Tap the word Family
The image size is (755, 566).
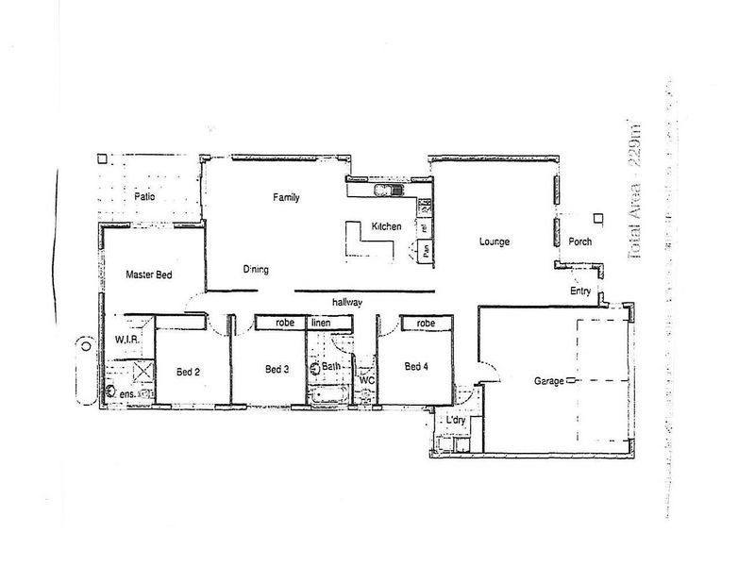(x=286, y=197)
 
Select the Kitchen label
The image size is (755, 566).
(x=387, y=227)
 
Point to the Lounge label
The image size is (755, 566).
(x=494, y=242)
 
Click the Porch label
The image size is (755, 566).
(x=580, y=241)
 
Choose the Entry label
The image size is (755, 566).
(x=580, y=291)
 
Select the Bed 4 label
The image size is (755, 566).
(x=417, y=366)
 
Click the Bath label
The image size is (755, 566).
(x=331, y=366)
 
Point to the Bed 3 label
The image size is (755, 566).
(x=277, y=368)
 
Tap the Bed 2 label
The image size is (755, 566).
(x=188, y=372)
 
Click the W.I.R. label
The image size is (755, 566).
(x=128, y=338)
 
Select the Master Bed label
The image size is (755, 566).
(x=149, y=275)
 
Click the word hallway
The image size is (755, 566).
(x=348, y=302)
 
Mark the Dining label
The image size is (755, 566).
(x=256, y=270)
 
